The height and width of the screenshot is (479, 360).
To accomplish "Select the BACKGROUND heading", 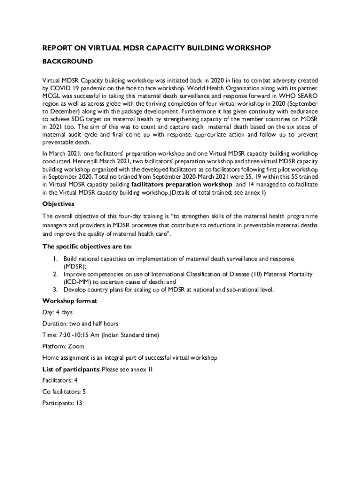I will (67, 61).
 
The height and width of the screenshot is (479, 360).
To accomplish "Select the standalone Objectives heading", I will (58, 204).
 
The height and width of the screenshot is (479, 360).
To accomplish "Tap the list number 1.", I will (55, 259).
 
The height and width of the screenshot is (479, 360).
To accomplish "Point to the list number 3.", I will (55, 290).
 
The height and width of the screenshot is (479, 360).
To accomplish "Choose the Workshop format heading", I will (70, 301).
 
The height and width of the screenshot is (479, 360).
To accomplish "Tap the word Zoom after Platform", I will (76, 347).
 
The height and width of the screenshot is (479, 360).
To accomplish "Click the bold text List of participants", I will (71, 370).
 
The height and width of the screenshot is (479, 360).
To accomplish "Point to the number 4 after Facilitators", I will (76, 381).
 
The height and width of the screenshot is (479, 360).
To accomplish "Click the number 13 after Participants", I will (79, 403).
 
